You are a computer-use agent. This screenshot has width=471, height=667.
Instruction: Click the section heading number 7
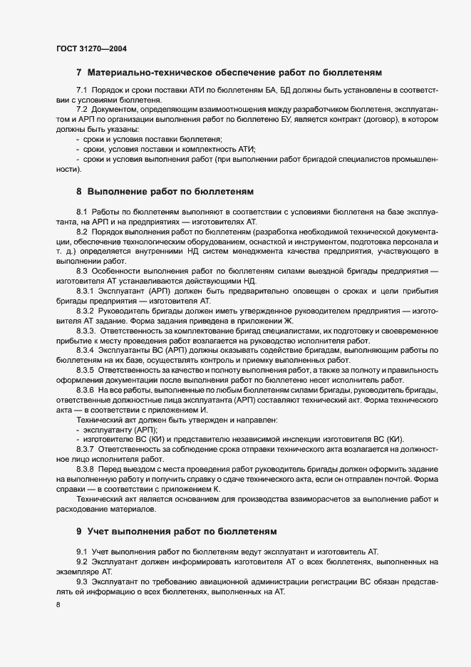79,73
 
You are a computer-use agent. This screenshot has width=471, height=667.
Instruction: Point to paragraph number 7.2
81,109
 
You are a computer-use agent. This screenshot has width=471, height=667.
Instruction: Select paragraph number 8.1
81,213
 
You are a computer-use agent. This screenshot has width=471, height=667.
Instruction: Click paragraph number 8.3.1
85,291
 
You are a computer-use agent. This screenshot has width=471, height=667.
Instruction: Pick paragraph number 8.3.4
85,352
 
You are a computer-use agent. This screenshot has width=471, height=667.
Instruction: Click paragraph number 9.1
81,552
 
